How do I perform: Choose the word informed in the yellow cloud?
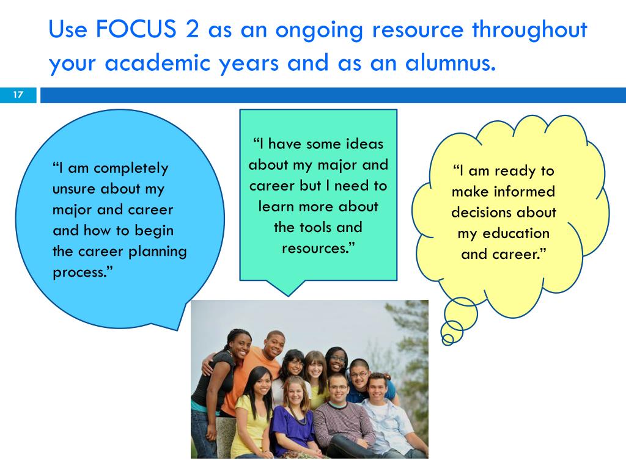525,191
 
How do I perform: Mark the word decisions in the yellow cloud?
481,212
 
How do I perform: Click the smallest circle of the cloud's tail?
448,338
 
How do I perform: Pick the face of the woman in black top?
238,345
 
